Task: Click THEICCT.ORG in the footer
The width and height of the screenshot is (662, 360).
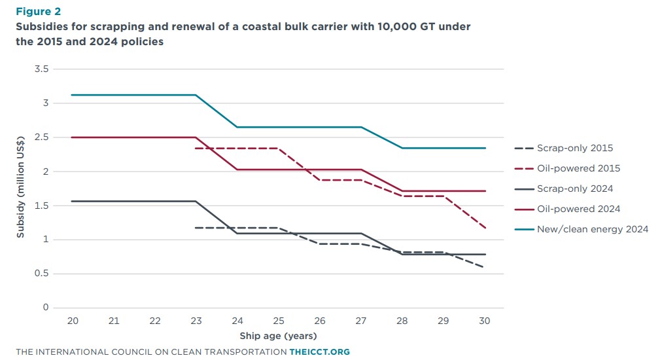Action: tap(319, 352)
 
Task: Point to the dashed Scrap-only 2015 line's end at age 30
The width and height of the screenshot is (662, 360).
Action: tap(483, 267)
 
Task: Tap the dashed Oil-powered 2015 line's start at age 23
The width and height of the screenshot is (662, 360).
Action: tap(195, 148)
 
